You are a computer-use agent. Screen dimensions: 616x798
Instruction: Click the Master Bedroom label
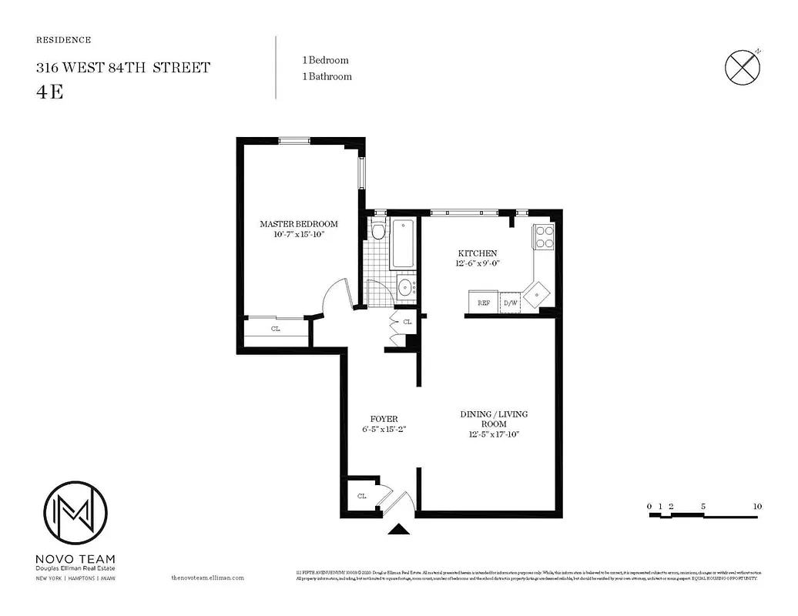pyautogui.click(x=298, y=224)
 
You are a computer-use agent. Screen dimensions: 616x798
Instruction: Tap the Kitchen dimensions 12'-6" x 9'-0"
pyautogui.click(x=478, y=264)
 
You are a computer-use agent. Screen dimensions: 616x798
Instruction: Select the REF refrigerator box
pyautogui.click(x=483, y=303)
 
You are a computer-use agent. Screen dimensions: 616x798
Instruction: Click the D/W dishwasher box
pyautogui.click(x=510, y=303)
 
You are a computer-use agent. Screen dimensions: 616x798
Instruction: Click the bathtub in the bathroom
pyautogui.click(x=402, y=244)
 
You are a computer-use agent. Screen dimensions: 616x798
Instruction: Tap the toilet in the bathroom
pyautogui.click(x=377, y=230)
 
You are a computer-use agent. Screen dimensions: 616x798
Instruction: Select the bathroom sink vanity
pyautogui.click(x=405, y=288)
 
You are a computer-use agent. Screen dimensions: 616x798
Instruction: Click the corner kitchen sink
pyautogui.click(x=537, y=293)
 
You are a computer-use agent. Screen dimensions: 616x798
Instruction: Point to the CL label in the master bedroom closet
pyautogui.click(x=275, y=329)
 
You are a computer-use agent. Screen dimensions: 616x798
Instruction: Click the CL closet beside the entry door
pyautogui.click(x=361, y=496)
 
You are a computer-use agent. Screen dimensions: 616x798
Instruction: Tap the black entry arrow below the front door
pyautogui.click(x=399, y=528)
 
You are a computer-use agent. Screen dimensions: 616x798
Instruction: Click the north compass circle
pyautogui.click(x=743, y=68)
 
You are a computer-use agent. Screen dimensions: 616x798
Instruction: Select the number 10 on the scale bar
pyautogui.click(x=757, y=506)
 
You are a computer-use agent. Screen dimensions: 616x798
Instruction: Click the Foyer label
pyautogui.click(x=384, y=419)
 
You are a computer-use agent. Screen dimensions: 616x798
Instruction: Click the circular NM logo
pyautogui.click(x=75, y=513)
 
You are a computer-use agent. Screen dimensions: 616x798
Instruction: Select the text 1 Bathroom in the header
pyautogui.click(x=327, y=76)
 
